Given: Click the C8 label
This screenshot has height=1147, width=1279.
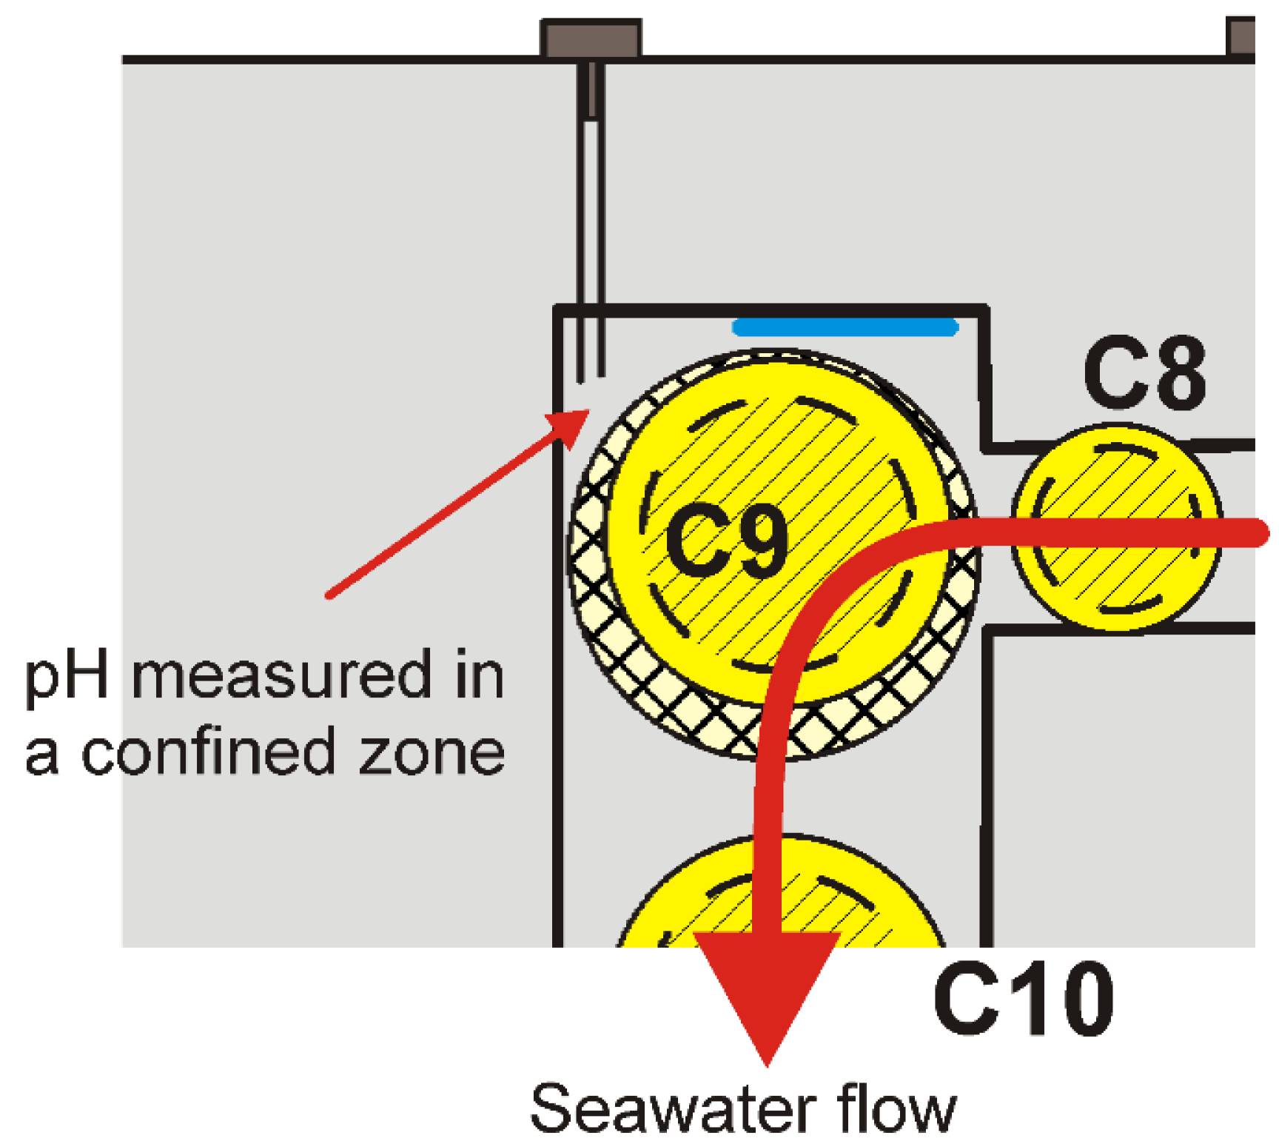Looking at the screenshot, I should (x=1144, y=374).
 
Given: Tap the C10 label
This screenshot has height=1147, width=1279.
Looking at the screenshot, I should (x=1024, y=999).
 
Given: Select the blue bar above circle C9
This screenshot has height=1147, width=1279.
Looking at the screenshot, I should (x=845, y=327).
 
